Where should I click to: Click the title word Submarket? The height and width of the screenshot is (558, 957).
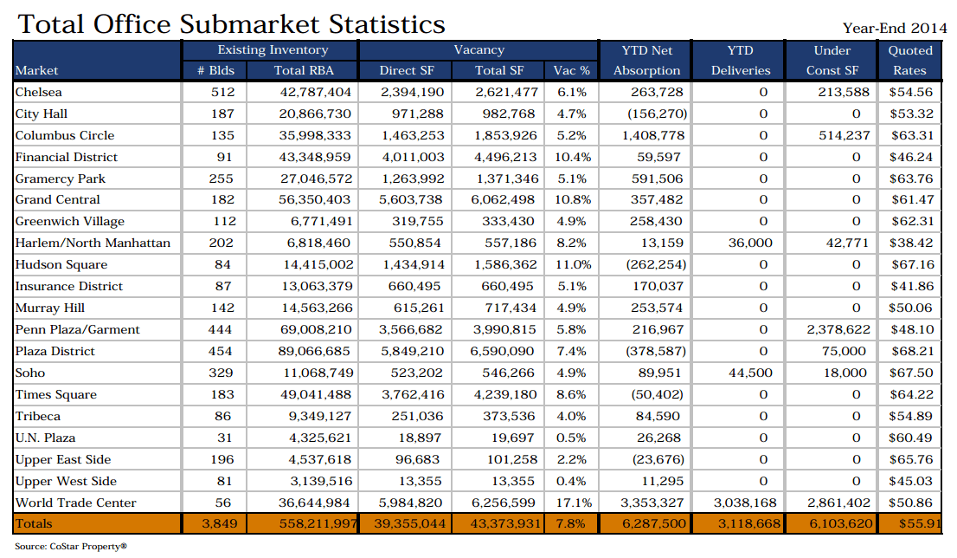click(252, 23)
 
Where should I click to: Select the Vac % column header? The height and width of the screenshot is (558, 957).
click(572, 70)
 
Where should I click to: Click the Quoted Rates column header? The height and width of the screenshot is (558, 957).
click(910, 60)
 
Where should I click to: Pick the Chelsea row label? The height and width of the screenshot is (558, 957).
click(39, 92)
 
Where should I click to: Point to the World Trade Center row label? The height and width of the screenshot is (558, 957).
click(76, 503)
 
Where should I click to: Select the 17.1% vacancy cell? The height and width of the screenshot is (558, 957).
click(573, 503)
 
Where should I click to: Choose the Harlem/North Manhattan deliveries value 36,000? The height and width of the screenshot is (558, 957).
click(749, 243)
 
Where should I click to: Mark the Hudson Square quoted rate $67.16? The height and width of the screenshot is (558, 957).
click(911, 264)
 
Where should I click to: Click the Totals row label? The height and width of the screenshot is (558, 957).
click(35, 523)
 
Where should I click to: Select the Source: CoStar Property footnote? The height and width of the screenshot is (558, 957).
click(71, 547)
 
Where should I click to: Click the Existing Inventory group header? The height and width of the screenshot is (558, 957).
click(273, 50)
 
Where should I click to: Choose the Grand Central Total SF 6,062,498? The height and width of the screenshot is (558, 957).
click(506, 200)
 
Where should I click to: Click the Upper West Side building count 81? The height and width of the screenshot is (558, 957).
click(222, 481)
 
